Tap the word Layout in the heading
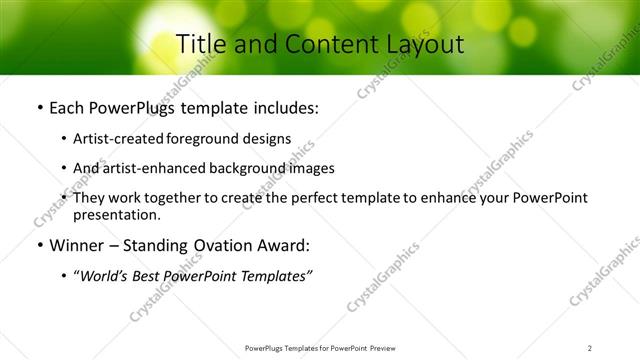tap(421, 44)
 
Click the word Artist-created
tap(119, 138)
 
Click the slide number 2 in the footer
tap(589, 348)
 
